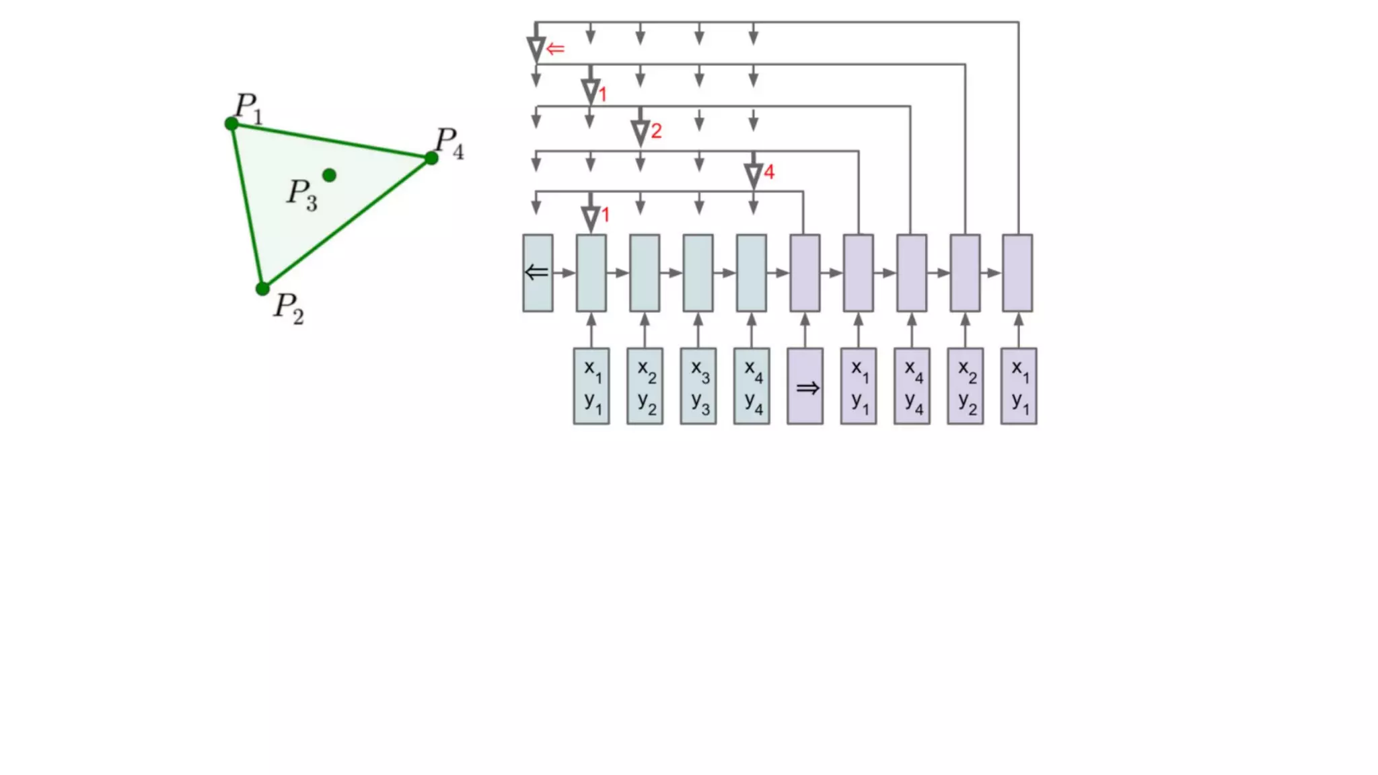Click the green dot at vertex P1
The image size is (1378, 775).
pyautogui.click(x=231, y=124)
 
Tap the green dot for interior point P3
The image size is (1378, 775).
pyautogui.click(x=329, y=176)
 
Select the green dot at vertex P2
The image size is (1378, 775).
pyautogui.click(x=262, y=289)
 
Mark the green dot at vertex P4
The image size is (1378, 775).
pyautogui.click(x=431, y=159)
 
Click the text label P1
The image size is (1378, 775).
pyautogui.click(x=248, y=108)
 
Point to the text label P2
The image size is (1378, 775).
pyautogui.click(x=289, y=308)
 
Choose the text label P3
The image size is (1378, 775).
pyautogui.click(x=301, y=194)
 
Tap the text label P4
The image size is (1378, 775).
pyautogui.click(x=449, y=143)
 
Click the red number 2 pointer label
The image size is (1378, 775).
pyautogui.click(x=656, y=131)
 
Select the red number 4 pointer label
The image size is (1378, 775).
pyautogui.click(x=769, y=172)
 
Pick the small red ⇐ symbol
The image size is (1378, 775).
pyautogui.click(x=555, y=49)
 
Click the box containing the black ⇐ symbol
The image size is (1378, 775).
pyautogui.click(x=538, y=272)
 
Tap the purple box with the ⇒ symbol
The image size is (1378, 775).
pyautogui.click(x=805, y=386)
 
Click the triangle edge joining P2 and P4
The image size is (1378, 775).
pyautogui.click(x=347, y=224)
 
